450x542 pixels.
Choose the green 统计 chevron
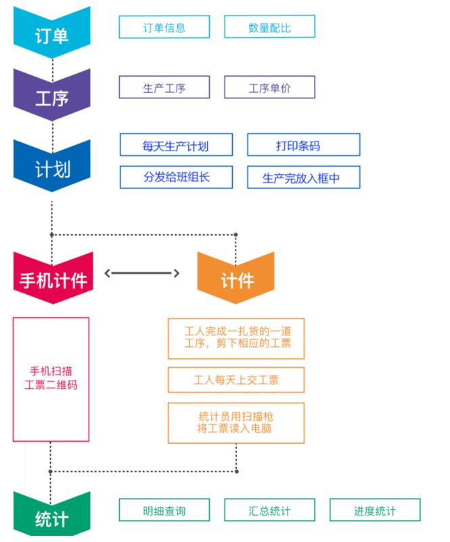[52, 518]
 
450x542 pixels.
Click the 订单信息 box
[164, 28]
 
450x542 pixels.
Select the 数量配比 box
[269, 28]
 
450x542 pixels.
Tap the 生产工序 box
[164, 87]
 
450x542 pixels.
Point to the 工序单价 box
[269, 87]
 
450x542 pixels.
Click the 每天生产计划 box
[175, 145]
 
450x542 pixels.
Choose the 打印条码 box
[302, 145]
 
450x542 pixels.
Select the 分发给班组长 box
[175, 178]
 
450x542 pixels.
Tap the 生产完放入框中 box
[302, 178]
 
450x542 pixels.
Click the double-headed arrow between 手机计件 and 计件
[143, 273]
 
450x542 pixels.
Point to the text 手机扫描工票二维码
[51, 378]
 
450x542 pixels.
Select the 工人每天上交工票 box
[235, 380]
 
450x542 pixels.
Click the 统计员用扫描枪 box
[235, 421]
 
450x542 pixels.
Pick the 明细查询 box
[164, 510]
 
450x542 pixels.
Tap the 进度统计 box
[374, 510]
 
